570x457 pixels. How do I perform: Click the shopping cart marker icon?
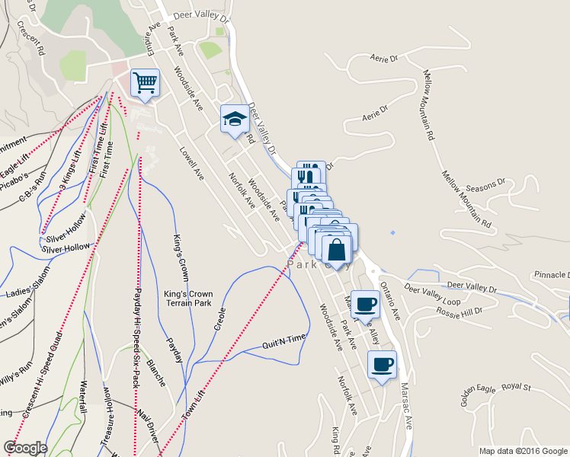145,81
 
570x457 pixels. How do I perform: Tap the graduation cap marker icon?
235,118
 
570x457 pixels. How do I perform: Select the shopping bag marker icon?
337,248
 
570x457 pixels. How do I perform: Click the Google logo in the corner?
25,447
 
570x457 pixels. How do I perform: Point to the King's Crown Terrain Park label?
188,298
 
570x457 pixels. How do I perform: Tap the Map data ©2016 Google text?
523,450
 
